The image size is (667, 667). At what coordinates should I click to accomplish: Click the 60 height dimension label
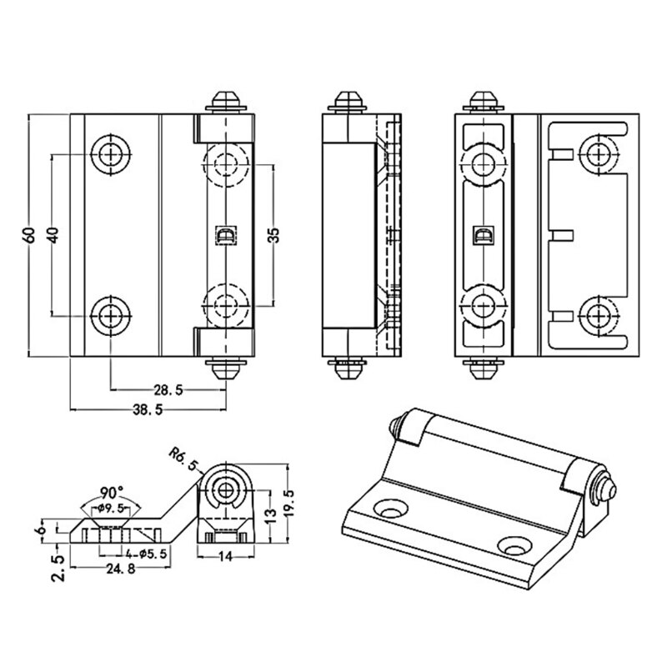click(x=28, y=235)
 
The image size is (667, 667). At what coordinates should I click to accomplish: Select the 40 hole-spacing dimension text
click(x=53, y=235)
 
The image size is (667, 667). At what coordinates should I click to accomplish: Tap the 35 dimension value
click(x=273, y=235)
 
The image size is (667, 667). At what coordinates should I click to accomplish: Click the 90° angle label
click(x=112, y=492)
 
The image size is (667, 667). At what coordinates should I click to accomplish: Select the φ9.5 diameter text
click(x=111, y=508)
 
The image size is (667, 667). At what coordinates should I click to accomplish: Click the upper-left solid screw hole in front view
click(x=110, y=155)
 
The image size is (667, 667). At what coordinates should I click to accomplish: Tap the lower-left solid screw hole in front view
click(x=110, y=315)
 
